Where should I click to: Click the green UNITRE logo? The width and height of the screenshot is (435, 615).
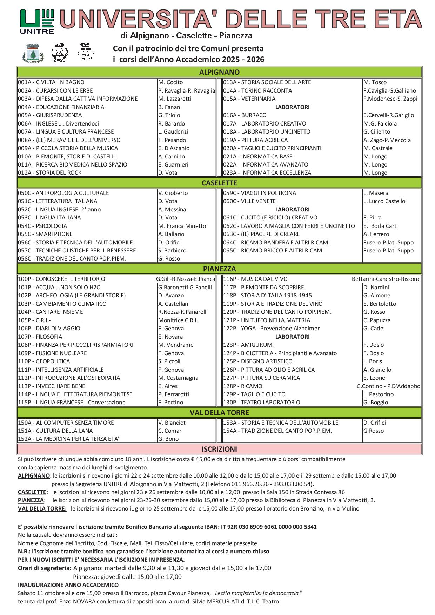37,21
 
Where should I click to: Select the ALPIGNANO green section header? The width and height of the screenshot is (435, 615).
219,72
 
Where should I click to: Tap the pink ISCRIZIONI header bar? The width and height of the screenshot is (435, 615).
219,449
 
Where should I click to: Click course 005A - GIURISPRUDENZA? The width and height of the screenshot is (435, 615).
50,115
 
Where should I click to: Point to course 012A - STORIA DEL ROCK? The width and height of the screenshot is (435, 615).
49,173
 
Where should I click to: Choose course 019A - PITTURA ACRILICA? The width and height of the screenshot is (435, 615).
255,140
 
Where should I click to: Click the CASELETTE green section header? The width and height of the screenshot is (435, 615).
219,183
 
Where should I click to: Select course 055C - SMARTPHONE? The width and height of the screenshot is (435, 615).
45,234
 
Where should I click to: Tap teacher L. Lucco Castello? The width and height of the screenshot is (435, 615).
384,201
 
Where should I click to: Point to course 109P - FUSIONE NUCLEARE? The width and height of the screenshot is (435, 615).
52,353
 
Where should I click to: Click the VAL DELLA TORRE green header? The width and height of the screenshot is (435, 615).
219,413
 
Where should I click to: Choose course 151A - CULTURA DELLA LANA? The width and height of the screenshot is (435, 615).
55,431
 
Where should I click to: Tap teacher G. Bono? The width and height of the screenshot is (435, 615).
168,439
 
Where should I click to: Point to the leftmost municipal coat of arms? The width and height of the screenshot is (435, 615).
33,53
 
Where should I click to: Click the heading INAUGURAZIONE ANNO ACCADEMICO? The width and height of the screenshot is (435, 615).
68,585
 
